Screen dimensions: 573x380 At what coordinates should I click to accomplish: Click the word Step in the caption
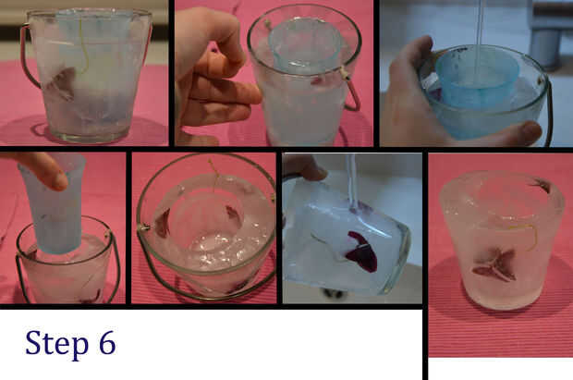tap(56, 344)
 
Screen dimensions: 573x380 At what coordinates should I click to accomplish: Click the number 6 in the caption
tap(107, 342)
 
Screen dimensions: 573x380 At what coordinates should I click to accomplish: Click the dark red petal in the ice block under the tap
tap(361, 251)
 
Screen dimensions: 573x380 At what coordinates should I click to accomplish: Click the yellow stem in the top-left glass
tap(83, 45)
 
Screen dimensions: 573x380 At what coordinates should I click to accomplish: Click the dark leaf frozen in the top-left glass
tap(61, 83)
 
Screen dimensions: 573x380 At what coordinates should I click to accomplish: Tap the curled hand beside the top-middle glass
tap(212, 73)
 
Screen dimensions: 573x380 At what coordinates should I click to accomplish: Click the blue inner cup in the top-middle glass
tap(304, 43)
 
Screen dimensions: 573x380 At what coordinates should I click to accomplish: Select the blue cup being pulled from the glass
tap(55, 204)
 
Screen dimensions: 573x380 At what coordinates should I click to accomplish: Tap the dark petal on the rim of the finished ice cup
tap(541, 185)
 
